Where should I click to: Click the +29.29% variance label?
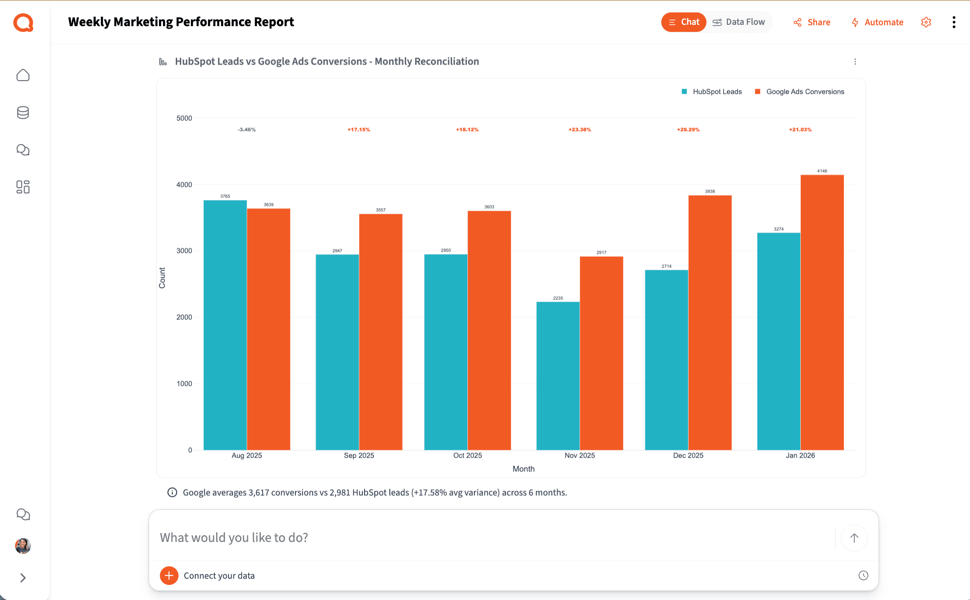click(688, 129)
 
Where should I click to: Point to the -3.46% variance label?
click(247, 129)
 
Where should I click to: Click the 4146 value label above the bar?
click(822, 171)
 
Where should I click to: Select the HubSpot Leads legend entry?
click(712, 92)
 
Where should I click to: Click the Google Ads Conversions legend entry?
click(800, 92)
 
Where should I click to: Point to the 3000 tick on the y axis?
click(184, 251)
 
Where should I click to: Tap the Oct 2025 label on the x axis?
click(467, 456)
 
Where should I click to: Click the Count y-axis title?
click(162, 278)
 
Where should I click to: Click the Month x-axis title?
click(523, 469)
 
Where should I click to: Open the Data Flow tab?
click(738, 22)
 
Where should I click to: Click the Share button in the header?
click(812, 22)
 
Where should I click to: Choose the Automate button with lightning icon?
click(877, 22)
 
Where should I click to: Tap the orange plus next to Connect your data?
click(169, 576)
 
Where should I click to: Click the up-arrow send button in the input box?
click(854, 538)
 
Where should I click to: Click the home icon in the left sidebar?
click(23, 75)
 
